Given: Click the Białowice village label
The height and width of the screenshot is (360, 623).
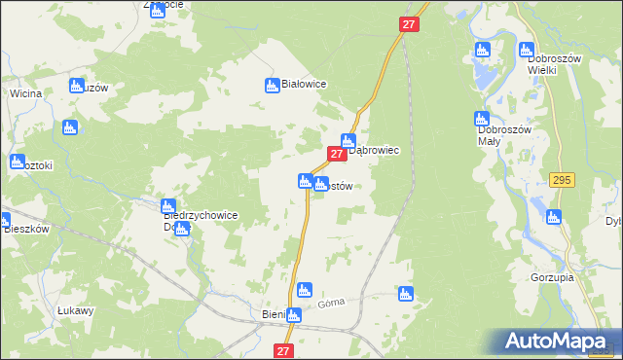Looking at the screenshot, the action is pyautogui.click(x=304, y=85).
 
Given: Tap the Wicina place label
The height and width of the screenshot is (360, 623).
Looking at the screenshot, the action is pyautogui.click(x=24, y=93).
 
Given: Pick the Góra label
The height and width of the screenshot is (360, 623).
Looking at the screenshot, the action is pyautogui.click(x=331, y=305).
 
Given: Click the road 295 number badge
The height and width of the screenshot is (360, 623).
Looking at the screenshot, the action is pyautogui.click(x=560, y=180).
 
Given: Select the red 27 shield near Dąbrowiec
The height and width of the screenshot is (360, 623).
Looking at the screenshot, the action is pyautogui.click(x=336, y=154).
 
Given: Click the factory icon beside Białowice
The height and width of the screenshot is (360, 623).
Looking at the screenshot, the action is pyautogui.click(x=273, y=86).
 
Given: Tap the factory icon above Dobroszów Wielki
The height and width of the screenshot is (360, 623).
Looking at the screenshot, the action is pyautogui.click(x=528, y=50).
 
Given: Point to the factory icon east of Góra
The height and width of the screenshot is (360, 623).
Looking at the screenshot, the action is pyautogui.click(x=406, y=294).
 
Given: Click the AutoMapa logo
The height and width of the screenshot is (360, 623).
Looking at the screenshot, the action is pyautogui.click(x=561, y=342).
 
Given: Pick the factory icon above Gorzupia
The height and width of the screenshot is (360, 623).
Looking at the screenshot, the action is pyautogui.click(x=554, y=218).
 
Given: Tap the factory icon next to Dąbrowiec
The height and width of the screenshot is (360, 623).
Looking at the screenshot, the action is pyautogui.click(x=348, y=141).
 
